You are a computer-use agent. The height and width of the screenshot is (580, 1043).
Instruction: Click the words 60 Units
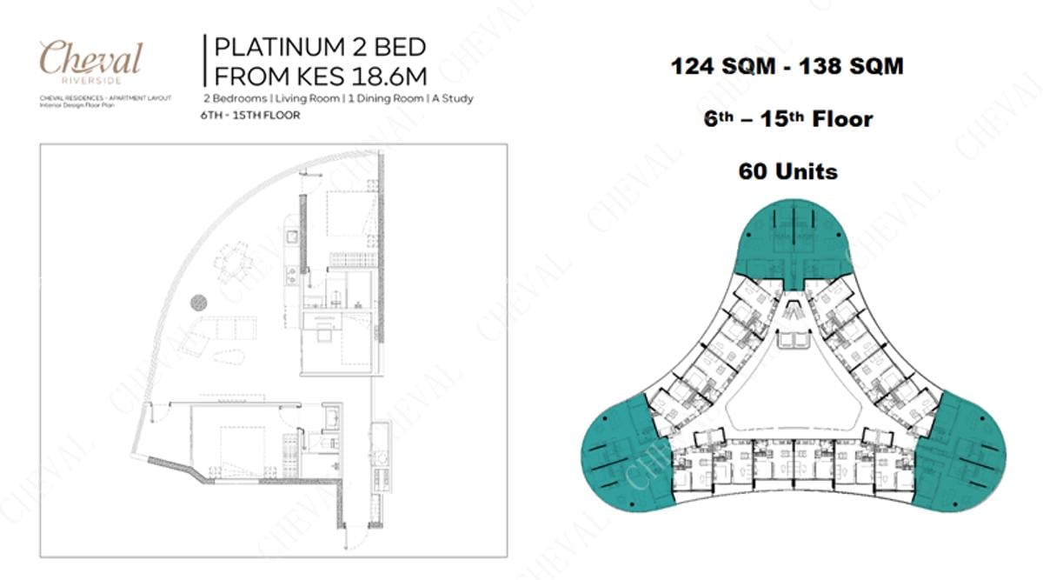click(787, 171)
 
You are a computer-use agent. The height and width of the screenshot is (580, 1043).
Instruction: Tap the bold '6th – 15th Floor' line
click(787, 119)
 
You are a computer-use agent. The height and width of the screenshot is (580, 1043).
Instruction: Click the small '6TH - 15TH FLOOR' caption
click(250, 116)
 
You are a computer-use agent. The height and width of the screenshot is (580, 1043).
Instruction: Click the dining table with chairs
click(233, 262)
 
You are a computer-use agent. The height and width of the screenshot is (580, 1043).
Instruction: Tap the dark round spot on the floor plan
click(199, 303)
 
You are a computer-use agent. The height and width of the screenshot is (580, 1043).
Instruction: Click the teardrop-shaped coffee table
click(230, 357)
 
